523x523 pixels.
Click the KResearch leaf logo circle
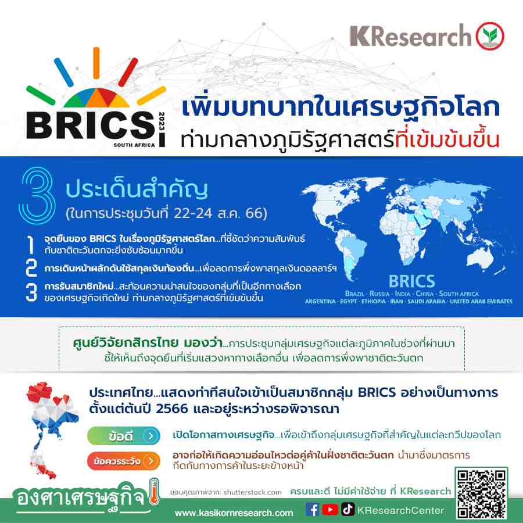[490, 36]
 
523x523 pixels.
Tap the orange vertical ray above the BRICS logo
[96, 63]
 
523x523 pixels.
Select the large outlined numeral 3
[37, 195]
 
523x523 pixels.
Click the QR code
[481, 493]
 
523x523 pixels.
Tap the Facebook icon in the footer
[312, 509]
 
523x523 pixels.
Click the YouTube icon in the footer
[330, 510]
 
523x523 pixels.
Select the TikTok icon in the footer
[348, 509]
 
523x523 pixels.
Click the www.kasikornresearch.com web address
[234, 513]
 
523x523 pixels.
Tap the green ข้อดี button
[124, 436]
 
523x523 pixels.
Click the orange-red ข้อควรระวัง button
[124, 461]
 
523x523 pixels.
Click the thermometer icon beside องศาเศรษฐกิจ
[154, 492]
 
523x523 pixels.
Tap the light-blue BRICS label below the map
[411, 281]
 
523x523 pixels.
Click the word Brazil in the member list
[354, 293]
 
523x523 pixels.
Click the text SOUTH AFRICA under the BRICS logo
[134, 145]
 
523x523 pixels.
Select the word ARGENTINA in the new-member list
[320, 301]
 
